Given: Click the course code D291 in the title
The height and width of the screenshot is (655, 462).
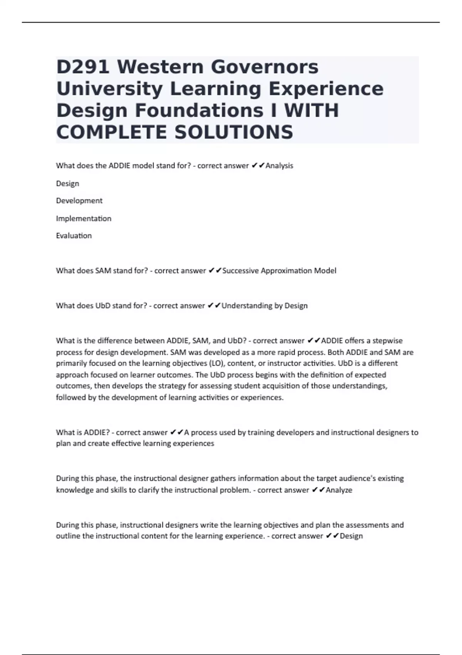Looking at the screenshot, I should pyautogui.click(x=83, y=67).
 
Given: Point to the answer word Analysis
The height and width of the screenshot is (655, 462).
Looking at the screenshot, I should pyautogui.click(x=280, y=166).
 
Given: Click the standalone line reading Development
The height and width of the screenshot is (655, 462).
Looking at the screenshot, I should pyautogui.click(x=79, y=201).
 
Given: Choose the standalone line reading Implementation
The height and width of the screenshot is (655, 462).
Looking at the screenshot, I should pyautogui.click(x=84, y=218).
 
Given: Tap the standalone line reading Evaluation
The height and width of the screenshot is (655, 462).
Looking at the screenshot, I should pyautogui.click(x=74, y=236).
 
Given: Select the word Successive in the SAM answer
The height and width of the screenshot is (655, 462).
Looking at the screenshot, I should pyautogui.click(x=241, y=271).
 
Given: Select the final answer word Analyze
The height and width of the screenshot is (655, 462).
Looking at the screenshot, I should pyautogui.click(x=339, y=490).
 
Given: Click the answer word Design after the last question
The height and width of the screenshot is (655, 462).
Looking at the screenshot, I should pyautogui.click(x=352, y=536).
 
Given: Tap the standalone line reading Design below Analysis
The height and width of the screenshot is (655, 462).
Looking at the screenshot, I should pyautogui.click(x=68, y=184).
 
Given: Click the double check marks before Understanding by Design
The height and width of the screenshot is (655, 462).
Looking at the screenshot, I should pyautogui.click(x=214, y=306).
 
